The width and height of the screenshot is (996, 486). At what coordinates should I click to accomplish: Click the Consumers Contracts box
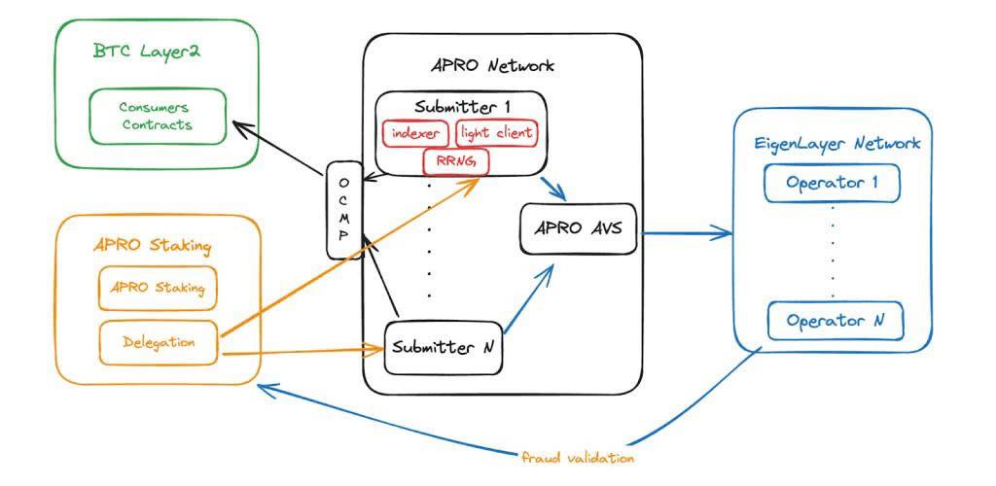[158, 116]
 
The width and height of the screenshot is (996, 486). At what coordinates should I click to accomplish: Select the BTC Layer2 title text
[146, 52]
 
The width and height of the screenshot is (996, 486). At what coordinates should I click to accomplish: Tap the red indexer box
[416, 133]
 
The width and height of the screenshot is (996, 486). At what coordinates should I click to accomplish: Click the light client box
[497, 133]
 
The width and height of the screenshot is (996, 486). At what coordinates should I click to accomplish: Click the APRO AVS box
[578, 228]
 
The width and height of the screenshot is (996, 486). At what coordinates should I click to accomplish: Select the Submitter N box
[444, 348]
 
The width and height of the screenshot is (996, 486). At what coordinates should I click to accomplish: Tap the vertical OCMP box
[344, 210]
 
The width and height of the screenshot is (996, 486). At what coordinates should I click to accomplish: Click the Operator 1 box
[833, 183]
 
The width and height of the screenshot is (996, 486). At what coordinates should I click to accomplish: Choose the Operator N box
[836, 321]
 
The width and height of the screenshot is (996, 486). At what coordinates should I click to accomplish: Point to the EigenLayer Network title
[837, 144]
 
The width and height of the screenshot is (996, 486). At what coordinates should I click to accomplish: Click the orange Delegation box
[159, 342]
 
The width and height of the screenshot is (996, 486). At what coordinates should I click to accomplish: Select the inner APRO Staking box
[158, 288]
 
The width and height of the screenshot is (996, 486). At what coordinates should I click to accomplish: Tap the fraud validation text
[577, 458]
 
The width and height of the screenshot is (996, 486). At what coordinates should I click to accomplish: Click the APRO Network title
[491, 65]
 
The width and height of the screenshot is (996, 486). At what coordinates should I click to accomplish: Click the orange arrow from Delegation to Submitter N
[302, 350]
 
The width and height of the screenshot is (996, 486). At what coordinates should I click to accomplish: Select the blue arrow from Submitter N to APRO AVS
[528, 297]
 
